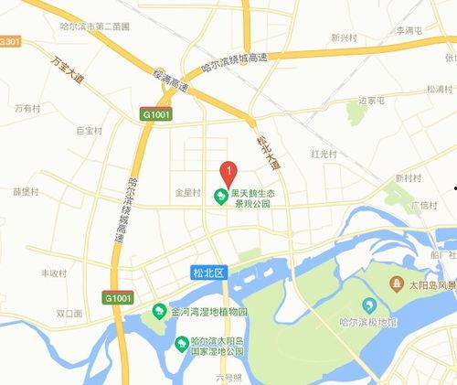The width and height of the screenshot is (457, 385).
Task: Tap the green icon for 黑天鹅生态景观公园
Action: point(220,197)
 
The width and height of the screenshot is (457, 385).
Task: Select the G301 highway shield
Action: point(10,42)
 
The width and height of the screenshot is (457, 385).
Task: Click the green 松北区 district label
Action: point(208,272)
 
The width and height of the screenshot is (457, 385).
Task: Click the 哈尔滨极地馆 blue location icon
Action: point(370,305)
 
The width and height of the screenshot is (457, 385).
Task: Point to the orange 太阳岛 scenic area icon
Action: point(399,283)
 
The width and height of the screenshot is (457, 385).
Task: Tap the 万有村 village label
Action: point(27,108)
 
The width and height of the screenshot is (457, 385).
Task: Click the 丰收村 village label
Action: point(55,273)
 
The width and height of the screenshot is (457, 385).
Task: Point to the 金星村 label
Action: point(186,194)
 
